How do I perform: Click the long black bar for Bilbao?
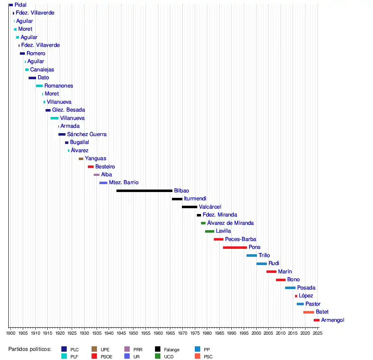pos(144,191)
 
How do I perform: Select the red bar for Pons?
pos(235,248)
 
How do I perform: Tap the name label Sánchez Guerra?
pos(87,134)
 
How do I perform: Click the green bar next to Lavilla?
pos(210,231)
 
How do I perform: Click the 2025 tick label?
pos(317,333)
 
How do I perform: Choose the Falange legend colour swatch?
pos(158,349)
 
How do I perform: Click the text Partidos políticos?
pos(30,349)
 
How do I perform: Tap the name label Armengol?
pos(332,320)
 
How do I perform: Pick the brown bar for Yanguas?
pos(81,159)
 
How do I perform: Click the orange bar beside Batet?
pos(308,312)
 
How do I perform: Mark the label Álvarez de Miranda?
pos(230,223)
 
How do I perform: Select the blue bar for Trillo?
pos(252,255)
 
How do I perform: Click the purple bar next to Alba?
pos(97,175)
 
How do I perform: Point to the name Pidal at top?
pos(20,5)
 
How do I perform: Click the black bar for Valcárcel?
pos(189,207)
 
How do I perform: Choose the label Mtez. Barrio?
pos(124,182)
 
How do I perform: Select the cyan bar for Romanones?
pos(39,86)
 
